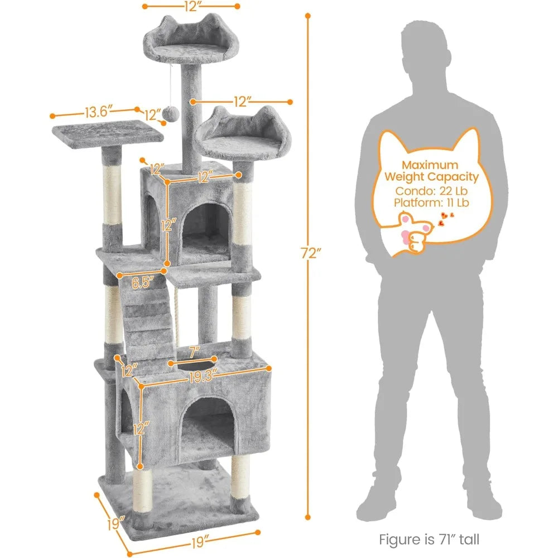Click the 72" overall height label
tap(311, 253)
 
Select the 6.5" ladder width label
tap(142, 282)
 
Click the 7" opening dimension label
tap(194, 352)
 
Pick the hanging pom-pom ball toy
tap(171, 113)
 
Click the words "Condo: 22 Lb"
tap(431, 191)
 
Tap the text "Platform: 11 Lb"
tap(431, 203)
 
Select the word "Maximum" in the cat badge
tap(430, 165)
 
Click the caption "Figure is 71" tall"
tap(429, 539)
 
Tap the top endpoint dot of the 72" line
tap(308, 16)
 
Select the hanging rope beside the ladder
tap(176, 317)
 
